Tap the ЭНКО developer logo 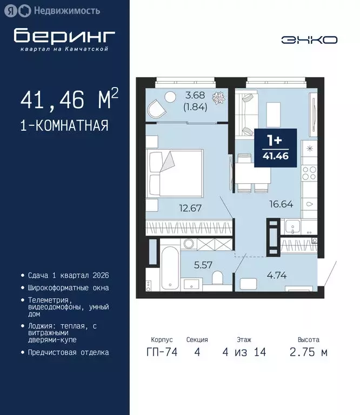[309, 39]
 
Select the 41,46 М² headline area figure [69, 101]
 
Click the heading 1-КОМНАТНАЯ [64, 126]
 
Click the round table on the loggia [171, 98]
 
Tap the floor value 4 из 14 [243, 352]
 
